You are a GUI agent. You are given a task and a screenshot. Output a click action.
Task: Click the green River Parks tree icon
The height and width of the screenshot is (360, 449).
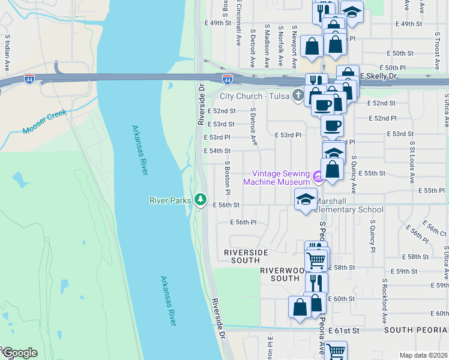click(x=200, y=199)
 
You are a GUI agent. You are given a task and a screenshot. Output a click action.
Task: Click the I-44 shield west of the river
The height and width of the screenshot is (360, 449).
click(x=29, y=79)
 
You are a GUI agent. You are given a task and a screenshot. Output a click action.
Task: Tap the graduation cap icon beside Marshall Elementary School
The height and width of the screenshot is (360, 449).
click(x=306, y=199)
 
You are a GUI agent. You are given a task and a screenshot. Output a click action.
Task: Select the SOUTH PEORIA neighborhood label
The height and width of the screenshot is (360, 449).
click(x=416, y=330)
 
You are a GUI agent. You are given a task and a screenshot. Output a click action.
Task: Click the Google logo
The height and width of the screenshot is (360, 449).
click(x=19, y=353)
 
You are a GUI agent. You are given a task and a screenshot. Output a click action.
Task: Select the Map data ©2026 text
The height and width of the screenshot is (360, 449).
click(x=423, y=355)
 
